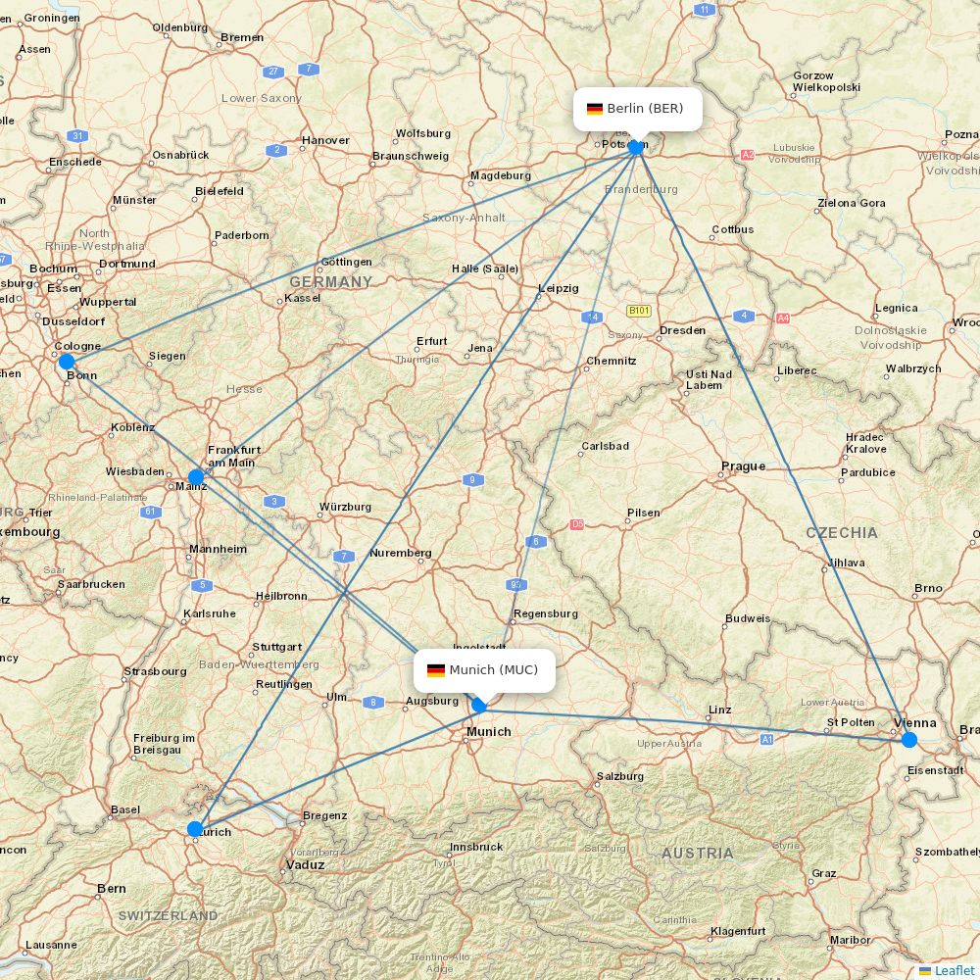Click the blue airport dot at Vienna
[x=909, y=740]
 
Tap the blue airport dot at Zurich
[x=195, y=829]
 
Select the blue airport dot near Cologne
[x=66, y=362]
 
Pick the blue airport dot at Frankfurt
[x=196, y=477]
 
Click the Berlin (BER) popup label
[x=637, y=108]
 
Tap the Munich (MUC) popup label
[x=484, y=670]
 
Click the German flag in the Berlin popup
[x=595, y=109]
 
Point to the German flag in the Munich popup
[x=436, y=670]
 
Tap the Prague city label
[x=743, y=465]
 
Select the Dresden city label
[x=682, y=330]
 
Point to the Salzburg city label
[x=619, y=776]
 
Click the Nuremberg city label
[x=400, y=553]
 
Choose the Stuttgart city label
[x=276, y=647]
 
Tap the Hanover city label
[x=325, y=140]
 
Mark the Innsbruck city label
[x=476, y=846]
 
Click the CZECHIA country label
[x=842, y=532]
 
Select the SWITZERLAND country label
[x=169, y=915]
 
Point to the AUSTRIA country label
[x=697, y=853]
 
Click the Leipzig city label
[x=559, y=288]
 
